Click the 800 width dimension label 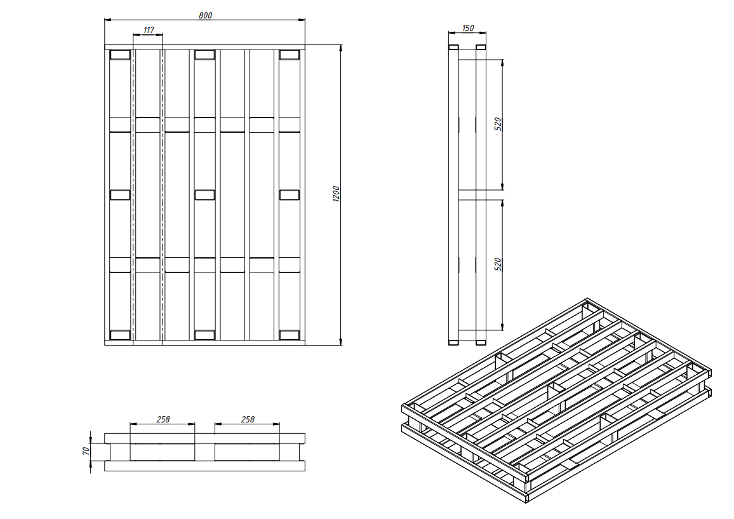[x=205, y=15]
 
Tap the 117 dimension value [x=149, y=30]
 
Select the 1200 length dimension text [x=336, y=194]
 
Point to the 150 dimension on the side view [x=468, y=28]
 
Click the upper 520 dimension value [x=498, y=124]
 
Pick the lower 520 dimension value [x=498, y=264]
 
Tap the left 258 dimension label [x=163, y=419]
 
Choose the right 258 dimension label [x=248, y=419]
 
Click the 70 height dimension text [x=86, y=451]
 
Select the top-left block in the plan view [x=120, y=55]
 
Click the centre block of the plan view [x=204, y=195]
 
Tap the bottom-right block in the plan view [x=290, y=335]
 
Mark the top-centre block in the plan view [x=204, y=55]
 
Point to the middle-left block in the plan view [x=120, y=195]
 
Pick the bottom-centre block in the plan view [x=204, y=335]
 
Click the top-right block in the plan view [x=290, y=55]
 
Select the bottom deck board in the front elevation [x=204, y=466]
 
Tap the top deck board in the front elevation [x=204, y=438]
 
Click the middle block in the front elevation [x=204, y=452]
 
